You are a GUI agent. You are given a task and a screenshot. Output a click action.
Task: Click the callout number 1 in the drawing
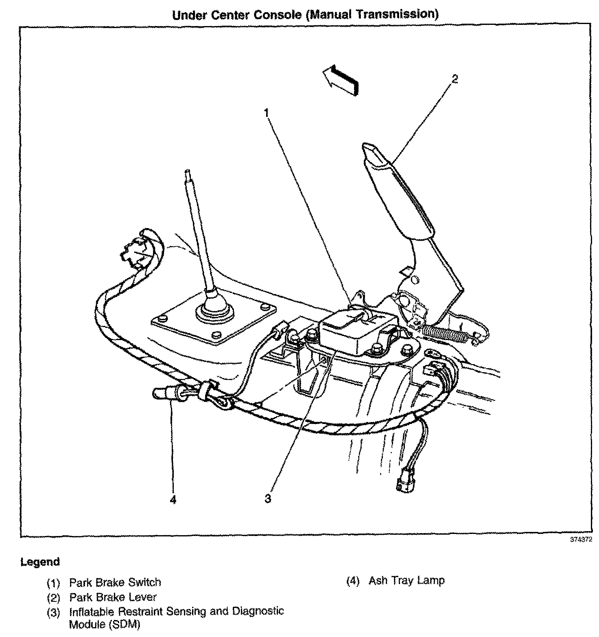267,113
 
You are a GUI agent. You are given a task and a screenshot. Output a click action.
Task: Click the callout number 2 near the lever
455,79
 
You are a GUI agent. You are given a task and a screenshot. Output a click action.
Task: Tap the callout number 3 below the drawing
268,498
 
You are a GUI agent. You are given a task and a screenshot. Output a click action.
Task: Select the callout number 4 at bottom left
173,499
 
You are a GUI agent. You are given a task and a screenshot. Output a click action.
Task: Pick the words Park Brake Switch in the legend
115,582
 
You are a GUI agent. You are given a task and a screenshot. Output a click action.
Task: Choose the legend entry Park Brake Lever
113,597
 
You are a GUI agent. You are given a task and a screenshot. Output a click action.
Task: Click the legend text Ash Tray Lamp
407,580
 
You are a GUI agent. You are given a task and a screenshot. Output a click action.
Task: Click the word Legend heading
40,562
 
